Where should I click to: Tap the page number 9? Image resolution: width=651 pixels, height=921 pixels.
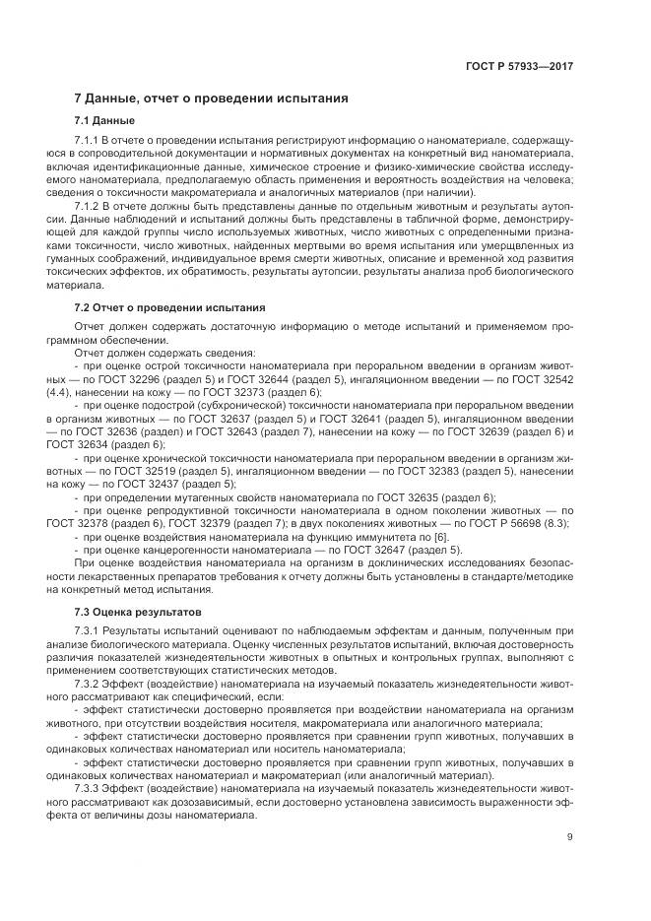coord(570,837)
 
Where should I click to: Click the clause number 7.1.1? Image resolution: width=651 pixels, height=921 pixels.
coord(89,143)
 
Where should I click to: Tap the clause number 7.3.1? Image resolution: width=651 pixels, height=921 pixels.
coord(89,629)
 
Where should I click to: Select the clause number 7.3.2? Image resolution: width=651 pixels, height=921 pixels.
coord(89,680)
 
